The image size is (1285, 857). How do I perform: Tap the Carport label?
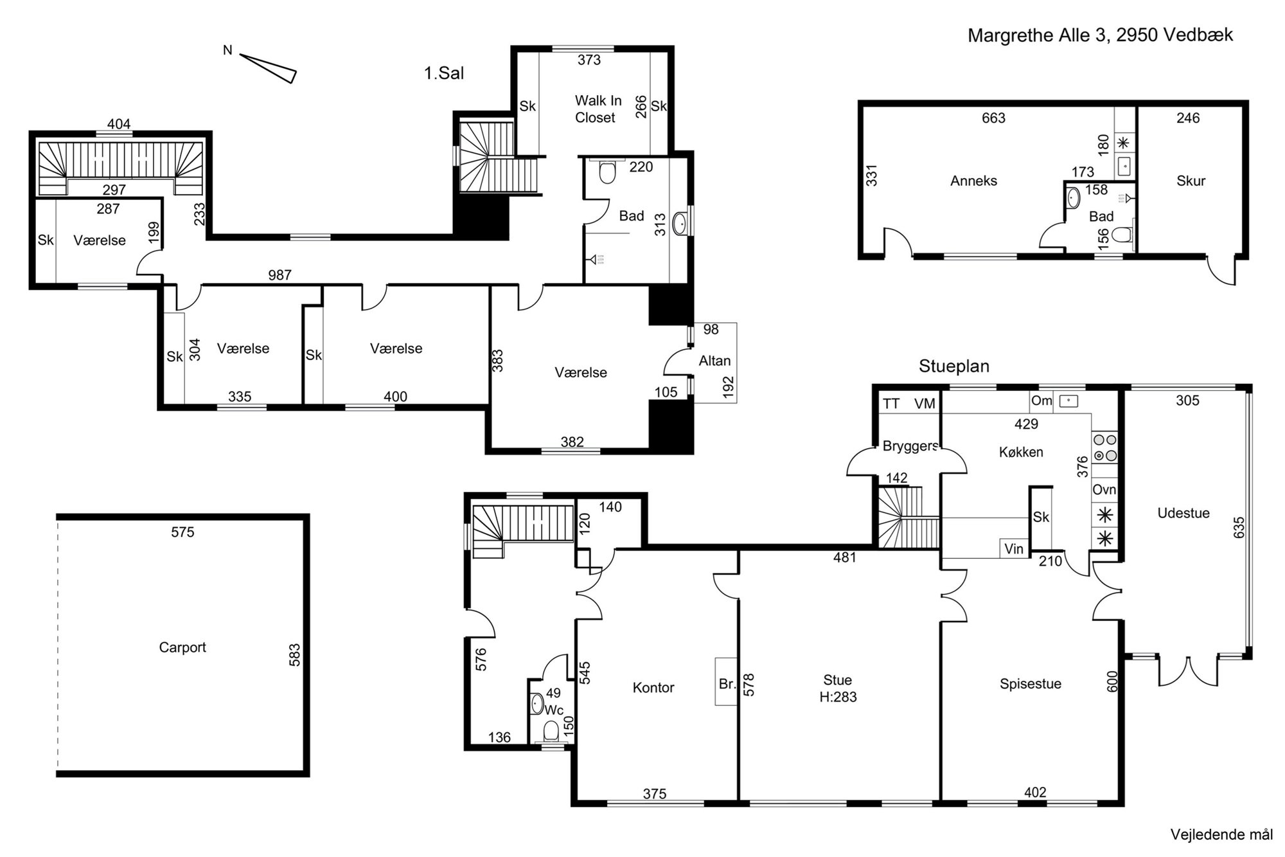[x=182, y=647]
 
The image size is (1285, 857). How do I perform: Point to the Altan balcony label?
[x=714, y=361]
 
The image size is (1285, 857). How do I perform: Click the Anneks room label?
[x=973, y=181]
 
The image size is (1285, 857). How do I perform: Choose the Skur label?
[x=1191, y=181]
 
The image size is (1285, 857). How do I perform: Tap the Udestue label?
[x=1183, y=513]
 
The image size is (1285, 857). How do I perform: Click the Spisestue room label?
[x=1031, y=684]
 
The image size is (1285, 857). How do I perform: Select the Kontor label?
[x=653, y=688]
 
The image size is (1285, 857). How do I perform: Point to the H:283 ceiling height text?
[x=838, y=697]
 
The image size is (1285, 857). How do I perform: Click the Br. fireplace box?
[x=727, y=681]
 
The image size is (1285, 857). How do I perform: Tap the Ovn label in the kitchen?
[x=1104, y=490]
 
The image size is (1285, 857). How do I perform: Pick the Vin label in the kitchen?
[x=1014, y=548]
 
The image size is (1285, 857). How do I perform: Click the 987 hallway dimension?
[x=280, y=275]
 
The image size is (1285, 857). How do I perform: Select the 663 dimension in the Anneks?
[x=993, y=118]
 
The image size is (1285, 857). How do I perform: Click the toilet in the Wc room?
[x=551, y=732]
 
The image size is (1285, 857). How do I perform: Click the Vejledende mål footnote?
[x=1221, y=835]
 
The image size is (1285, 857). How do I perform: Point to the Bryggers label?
[x=910, y=446]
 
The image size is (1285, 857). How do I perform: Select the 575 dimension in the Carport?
[x=182, y=532]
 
